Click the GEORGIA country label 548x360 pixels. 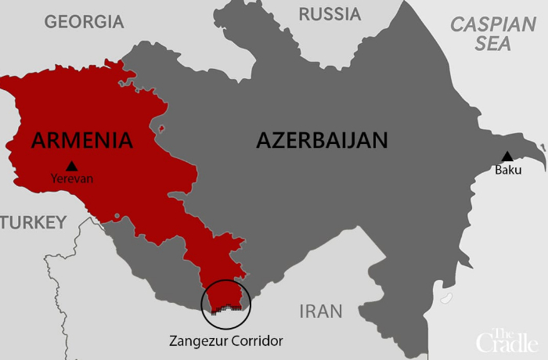click(84, 21)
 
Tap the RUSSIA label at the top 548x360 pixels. click(330, 14)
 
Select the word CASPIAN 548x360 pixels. click(492, 23)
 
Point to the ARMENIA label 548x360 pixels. click(82, 140)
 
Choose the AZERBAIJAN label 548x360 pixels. click(323, 140)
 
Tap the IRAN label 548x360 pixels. click(321, 311)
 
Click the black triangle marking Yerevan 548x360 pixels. click(72, 166)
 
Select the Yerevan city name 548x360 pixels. click(72, 178)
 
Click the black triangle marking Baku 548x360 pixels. click(507, 157)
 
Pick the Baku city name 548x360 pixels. click(507, 170)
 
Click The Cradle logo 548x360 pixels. click(508, 337)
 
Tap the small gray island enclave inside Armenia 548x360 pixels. click(161, 128)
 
